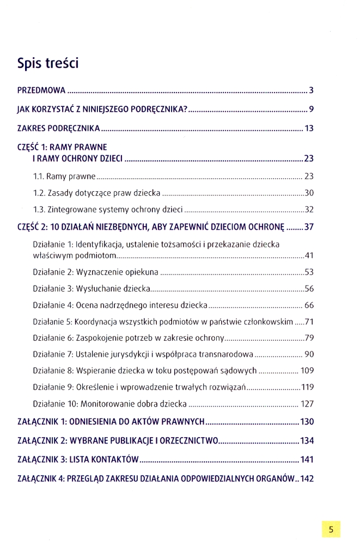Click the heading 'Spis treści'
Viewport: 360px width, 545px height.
(x=48, y=63)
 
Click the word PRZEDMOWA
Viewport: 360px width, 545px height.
(x=41, y=90)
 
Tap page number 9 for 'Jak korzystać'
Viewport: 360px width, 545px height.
(x=311, y=110)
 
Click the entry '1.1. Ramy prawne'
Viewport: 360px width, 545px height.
(x=64, y=177)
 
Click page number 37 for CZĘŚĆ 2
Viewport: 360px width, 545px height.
(x=309, y=227)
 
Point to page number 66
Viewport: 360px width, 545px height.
(x=309, y=305)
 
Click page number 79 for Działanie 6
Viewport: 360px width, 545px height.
(x=309, y=338)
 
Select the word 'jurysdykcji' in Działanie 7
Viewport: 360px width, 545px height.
(x=136, y=355)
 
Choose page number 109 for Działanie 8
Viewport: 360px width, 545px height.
(x=307, y=371)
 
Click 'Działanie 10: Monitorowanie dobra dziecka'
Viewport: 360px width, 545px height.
(x=109, y=404)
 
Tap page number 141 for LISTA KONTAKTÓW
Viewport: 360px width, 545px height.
(x=307, y=460)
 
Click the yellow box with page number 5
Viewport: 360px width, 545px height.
(x=331, y=528)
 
